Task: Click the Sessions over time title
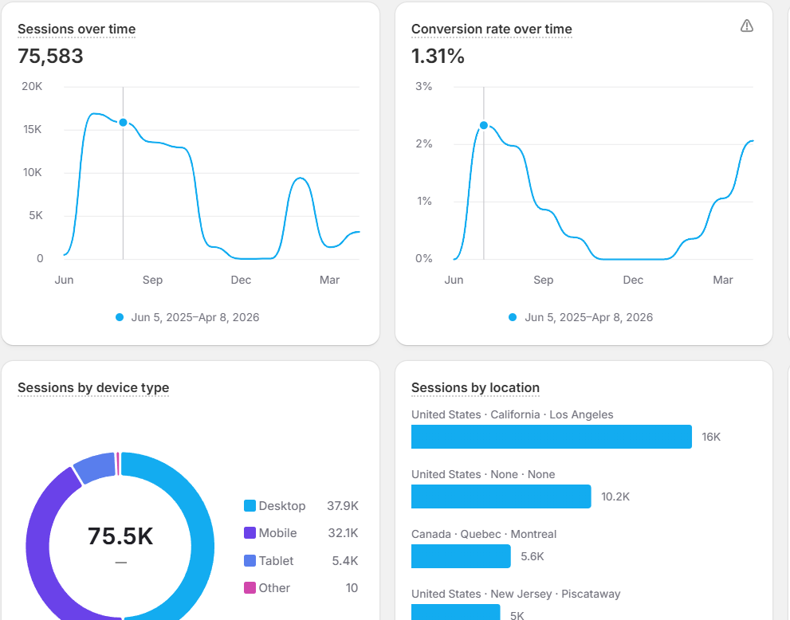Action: tap(77, 29)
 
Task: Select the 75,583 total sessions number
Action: tap(50, 56)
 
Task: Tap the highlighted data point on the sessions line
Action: tap(123, 123)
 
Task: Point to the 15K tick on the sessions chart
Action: tap(32, 129)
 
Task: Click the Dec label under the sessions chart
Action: tap(241, 280)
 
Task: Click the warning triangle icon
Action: tap(747, 26)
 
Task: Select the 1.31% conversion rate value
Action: tap(438, 56)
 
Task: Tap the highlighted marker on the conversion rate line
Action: tap(484, 125)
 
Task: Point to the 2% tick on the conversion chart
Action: tap(424, 144)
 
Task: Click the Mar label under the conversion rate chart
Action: tap(722, 280)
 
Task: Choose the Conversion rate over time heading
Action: tap(492, 29)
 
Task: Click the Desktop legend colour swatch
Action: tap(250, 506)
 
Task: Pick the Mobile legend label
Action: tap(277, 533)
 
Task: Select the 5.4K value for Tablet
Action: tap(345, 560)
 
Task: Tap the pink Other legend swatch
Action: tap(250, 588)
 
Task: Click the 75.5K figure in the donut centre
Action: tap(120, 536)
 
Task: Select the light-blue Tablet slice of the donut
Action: tap(94, 468)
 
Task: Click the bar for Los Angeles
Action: tap(552, 437)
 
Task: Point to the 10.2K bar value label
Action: tap(615, 496)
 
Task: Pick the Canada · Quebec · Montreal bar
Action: tap(461, 556)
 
